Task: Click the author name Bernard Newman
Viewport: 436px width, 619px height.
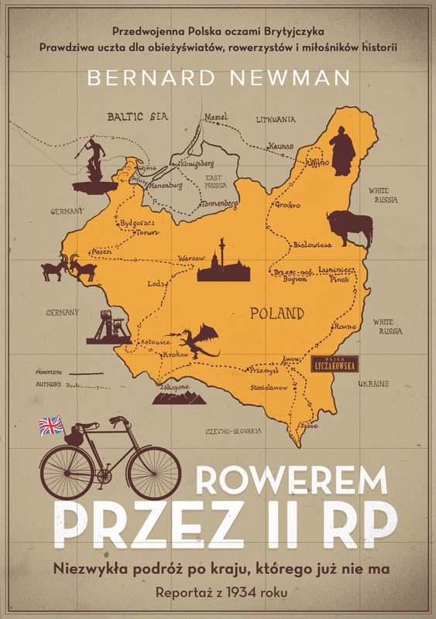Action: [218, 78]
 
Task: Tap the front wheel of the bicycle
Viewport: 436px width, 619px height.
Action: [153, 473]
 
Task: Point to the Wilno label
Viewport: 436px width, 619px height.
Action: [319, 163]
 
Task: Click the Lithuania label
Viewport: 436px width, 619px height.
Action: [276, 120]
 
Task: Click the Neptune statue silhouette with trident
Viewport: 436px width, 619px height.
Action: [94, 162]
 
